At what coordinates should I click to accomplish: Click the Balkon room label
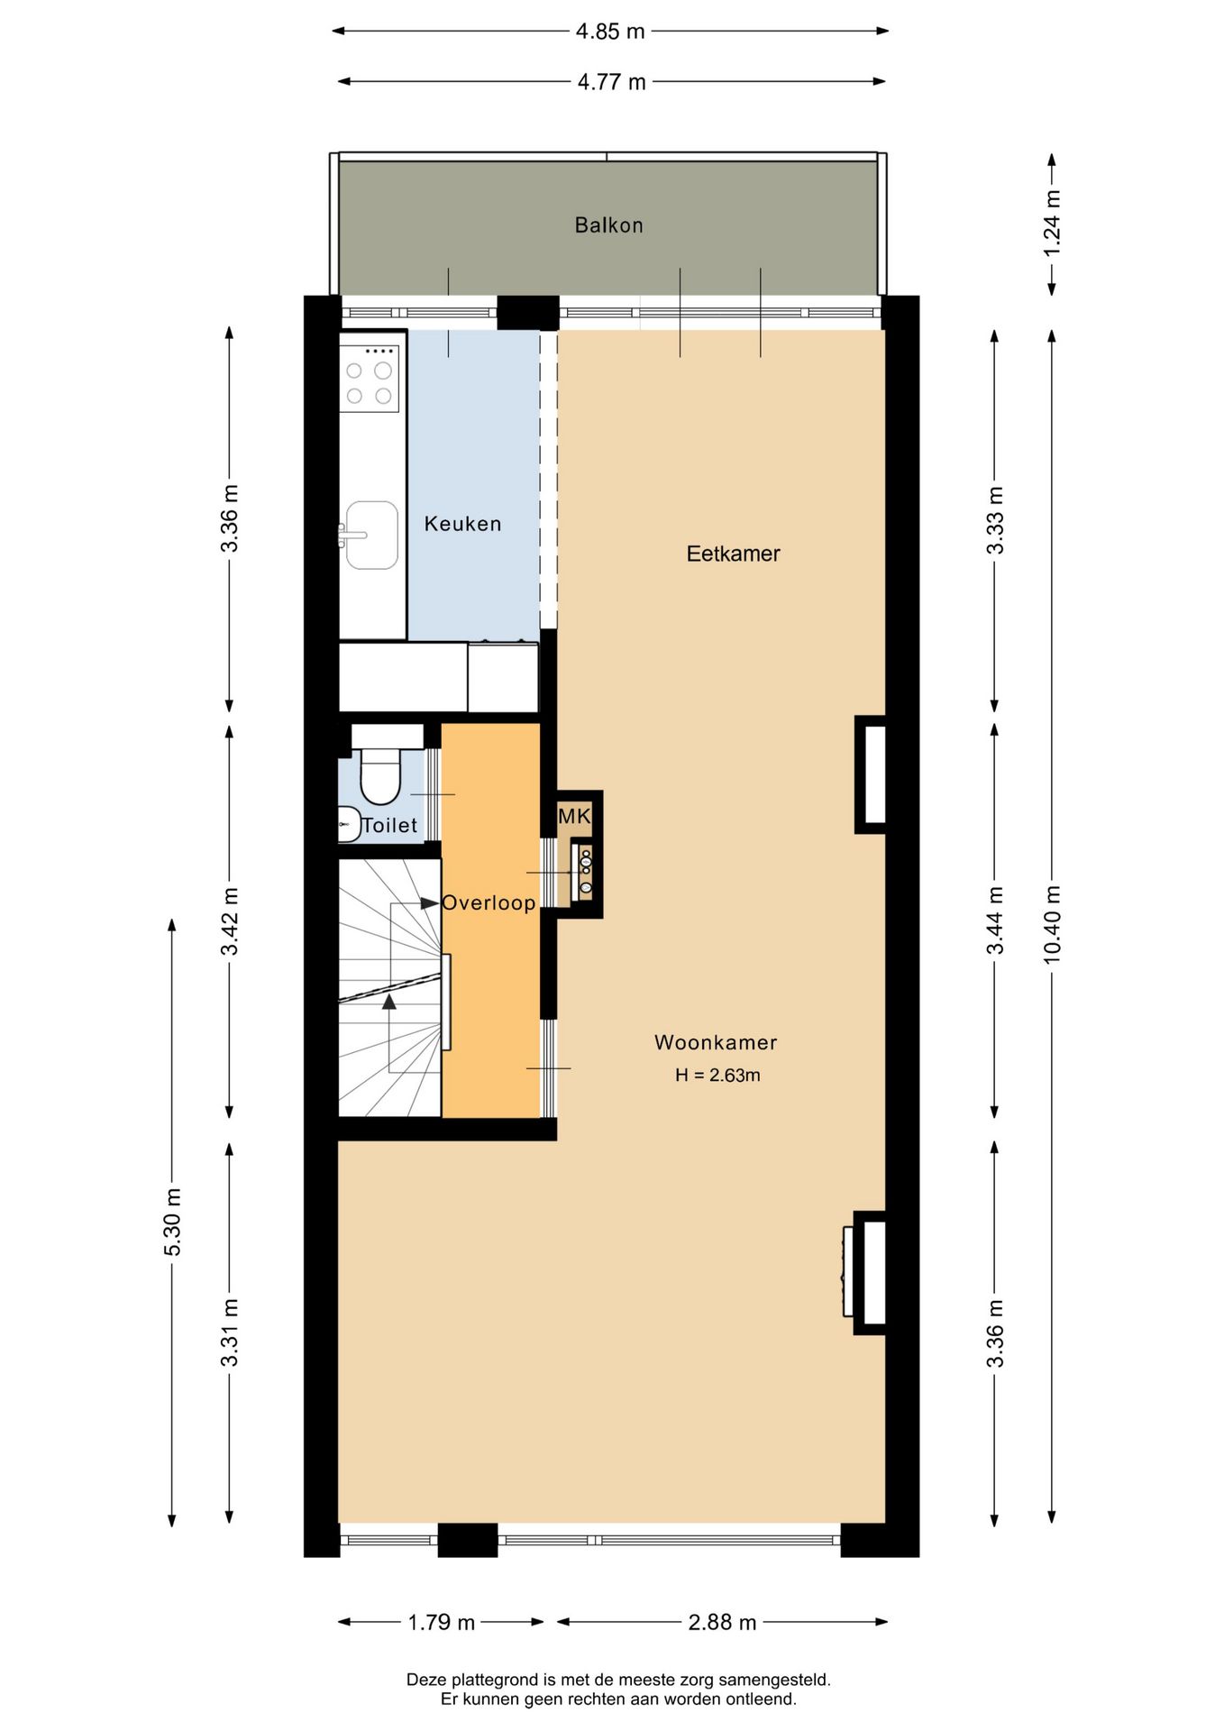[x=608, y=225]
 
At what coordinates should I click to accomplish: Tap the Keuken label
[x=462, y=524]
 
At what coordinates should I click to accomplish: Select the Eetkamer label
[x=733, y=554]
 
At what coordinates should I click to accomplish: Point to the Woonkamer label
[x=716, y=1042]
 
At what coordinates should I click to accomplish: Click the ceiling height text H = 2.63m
[x=717, y=1075]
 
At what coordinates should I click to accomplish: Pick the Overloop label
[x=489, y=902]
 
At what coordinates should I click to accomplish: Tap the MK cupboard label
[x=574, y=817]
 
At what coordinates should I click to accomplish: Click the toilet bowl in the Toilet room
[x=379, y=776]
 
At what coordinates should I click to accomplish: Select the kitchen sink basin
[x=372, y=536]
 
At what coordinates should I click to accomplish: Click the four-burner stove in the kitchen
[x=369, y=382]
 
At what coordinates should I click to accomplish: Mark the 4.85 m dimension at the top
[x=610, y=32]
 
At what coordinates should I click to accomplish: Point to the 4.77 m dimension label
[x=611, y=82]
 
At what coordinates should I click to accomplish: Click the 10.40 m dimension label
[x=1052, y=924]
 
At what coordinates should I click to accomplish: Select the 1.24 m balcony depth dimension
[x=1052, y=223]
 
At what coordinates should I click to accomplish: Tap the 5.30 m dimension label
[x=172, y=1222]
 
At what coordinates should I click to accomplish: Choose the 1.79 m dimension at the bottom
[x=441, y=1623]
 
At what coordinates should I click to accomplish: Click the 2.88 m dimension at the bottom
[x=722, y=1623]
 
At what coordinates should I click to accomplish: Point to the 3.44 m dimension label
[x=994, y=920]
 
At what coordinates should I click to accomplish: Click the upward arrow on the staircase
[x=389, y=1001]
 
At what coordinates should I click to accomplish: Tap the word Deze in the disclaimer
[x=425, y=1680]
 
